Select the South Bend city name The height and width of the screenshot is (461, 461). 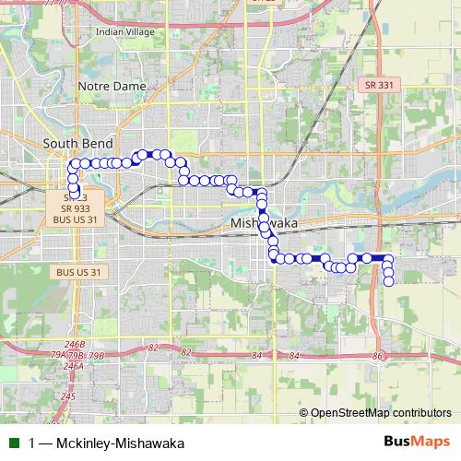tap(78, 144)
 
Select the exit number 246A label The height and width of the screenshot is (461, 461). tap(74, 366)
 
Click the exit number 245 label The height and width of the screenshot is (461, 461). tap(68, 396)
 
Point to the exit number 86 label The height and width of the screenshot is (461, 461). tap(377, 356)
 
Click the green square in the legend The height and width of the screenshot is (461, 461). tap(12, 443)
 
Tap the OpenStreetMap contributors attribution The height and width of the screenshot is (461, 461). tap(381, 413)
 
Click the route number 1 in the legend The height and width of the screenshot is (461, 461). tap(32, 443)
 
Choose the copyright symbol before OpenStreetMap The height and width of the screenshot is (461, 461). tap(303, 413)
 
